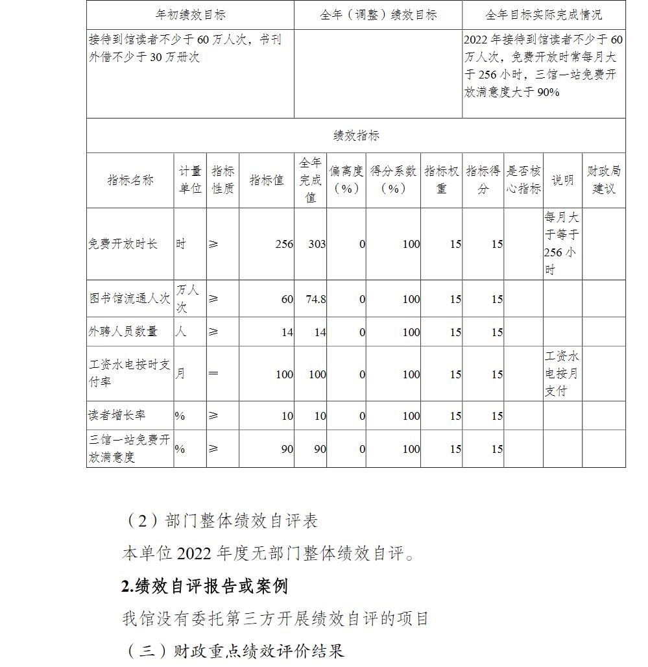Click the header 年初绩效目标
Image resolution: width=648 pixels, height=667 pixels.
coord(190,15)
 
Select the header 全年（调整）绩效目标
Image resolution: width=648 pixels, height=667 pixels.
coord(378,15)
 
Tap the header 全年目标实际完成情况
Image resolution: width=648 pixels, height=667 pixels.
coord(544,15)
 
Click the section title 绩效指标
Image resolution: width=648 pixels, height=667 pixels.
coord(356,136)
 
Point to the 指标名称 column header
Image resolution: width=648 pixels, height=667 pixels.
coord(130,180)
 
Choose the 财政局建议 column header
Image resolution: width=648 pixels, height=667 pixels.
coord(604,180)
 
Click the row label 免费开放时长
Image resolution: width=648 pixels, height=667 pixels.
coord(123,244)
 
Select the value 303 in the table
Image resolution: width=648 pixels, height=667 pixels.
coord(317,245)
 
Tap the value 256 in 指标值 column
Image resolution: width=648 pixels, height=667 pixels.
coord(284,245)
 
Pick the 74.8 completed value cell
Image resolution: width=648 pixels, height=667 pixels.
coord(315,299)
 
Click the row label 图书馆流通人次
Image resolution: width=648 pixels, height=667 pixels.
coord(130,298)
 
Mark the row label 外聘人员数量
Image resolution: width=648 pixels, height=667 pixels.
coord(123,332)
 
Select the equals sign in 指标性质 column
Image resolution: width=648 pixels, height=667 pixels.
coord(213,374)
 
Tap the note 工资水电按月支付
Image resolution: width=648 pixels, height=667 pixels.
coord(562,374)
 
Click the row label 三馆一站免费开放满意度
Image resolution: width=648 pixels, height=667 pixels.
coord(130,448)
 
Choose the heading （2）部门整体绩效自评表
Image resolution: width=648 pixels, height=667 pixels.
coord(221,521)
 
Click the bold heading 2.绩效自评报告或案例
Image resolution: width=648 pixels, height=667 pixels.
coord(204,586)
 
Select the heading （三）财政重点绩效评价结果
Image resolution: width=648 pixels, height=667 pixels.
coord(234,651)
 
